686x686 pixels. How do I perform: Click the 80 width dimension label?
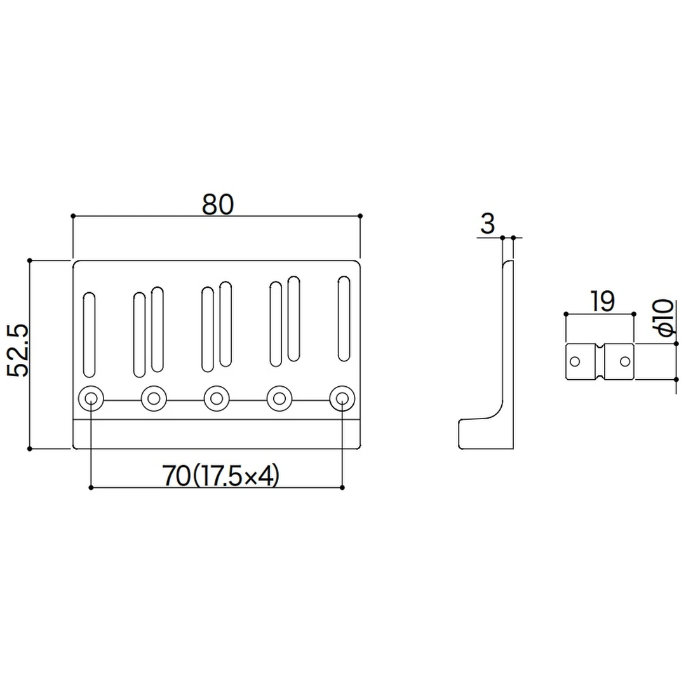pyautogui.click(x=218, y=205)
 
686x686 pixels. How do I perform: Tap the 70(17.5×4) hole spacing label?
pyautogui.click(x=220, y=476)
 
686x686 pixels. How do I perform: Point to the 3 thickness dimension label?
pyautogui.click(x=487, y=224)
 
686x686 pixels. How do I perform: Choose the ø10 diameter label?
pyautogui.click(x=662, y=317)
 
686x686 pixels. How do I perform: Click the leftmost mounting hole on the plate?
pyautogui.click(x=91, y=399)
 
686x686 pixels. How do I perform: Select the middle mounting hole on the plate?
pyautogui.click(x=217, y=399)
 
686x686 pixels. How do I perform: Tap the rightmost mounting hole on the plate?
pyautogui.click(x=342, y=399)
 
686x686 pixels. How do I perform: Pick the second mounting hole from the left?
pyautogui.click(x=154, y=399)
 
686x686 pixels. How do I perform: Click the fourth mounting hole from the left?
pyautogui.click(x=279, y=399)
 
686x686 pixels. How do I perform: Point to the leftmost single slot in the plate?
pyautogui.click(x=90, y=335)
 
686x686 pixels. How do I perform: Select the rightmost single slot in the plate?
pyautogui.click(x=344, y=319)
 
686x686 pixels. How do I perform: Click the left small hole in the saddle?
pyautogui.click(x=575, y=361)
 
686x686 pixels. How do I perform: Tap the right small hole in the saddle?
pyautogui.click(x=625, y=361)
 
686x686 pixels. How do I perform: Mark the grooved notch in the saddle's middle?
pyautogui.click(x=600, y=361)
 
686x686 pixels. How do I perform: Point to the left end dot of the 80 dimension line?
pyautogui.click(x=73, y=216)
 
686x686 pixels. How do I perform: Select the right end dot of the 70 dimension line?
pyautogui.click(x=342, y=488)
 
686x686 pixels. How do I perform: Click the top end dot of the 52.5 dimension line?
pyautogui.click(x=30, y=260)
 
